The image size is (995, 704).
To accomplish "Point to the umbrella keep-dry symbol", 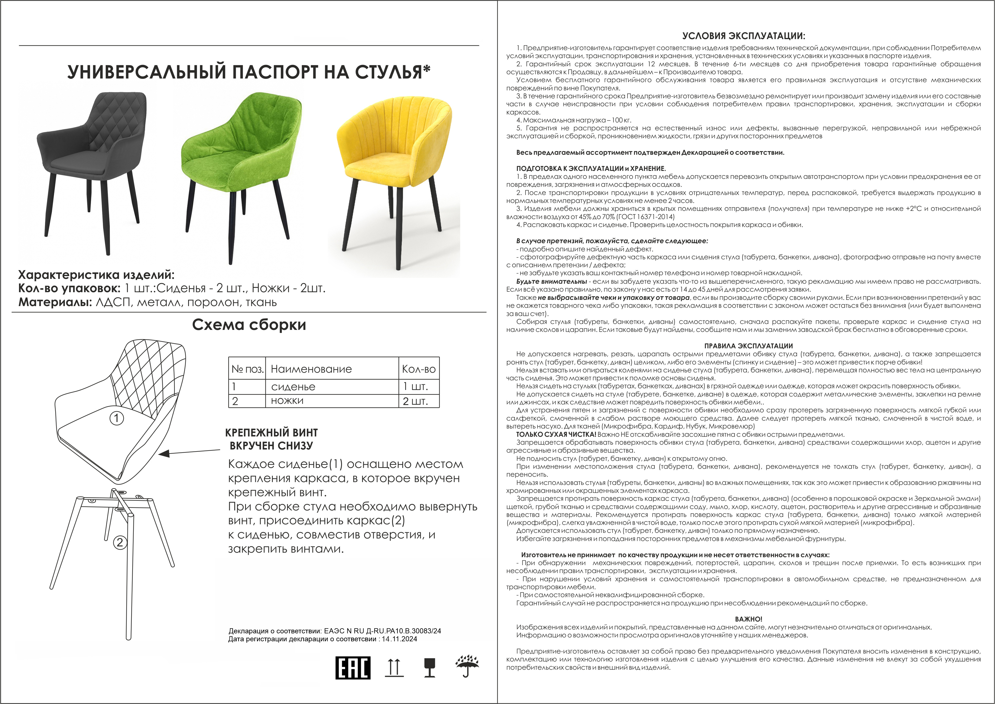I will tap(467, 665).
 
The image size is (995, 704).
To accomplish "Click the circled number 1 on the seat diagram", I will tap(116, 418).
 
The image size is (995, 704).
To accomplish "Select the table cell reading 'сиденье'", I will tap(293, 387).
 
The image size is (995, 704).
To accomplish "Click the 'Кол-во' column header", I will tap(419, 369).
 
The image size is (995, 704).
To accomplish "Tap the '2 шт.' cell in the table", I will tap(415, 401).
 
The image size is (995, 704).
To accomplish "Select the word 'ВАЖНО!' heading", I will tap(749, 619).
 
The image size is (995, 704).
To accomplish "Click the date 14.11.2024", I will tap(399, 639).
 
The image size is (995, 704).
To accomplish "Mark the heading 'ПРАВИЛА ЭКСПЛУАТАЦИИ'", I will tap(749, 346).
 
